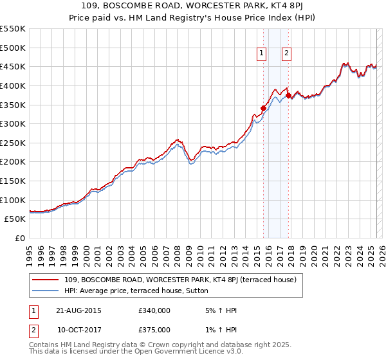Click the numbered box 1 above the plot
click(x=262, y=54)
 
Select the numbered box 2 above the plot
click(x=286, y=54)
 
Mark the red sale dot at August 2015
click(x=263, y=109)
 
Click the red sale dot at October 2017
click(x=288, y=95)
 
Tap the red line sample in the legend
click(x=46, y=280)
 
